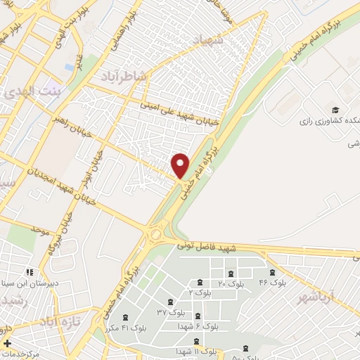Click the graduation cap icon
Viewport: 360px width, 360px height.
[335, 110]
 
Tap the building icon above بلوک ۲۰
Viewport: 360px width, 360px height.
[231, 274]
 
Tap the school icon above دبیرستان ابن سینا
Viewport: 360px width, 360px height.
[29, 271]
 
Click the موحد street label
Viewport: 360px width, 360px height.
[40, 229]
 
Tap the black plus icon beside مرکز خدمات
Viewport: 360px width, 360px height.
[7, 345]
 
